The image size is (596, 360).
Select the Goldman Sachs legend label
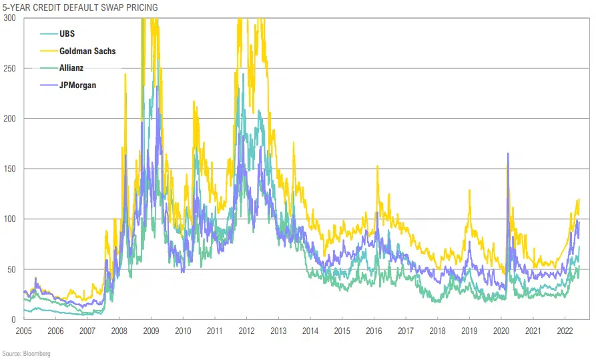click(87, 50)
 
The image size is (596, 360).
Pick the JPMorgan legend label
click(78, 85)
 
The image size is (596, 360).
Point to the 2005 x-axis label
click(23, 331)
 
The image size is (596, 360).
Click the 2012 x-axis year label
click(246, 331)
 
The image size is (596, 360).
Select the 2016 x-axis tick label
click(374, 331)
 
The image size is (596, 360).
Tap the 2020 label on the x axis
click(501, 331)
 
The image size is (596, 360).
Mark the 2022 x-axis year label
click(565, 331)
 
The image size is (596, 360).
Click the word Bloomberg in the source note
click(37, 353)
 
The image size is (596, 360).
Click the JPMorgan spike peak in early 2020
click(508, 154)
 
